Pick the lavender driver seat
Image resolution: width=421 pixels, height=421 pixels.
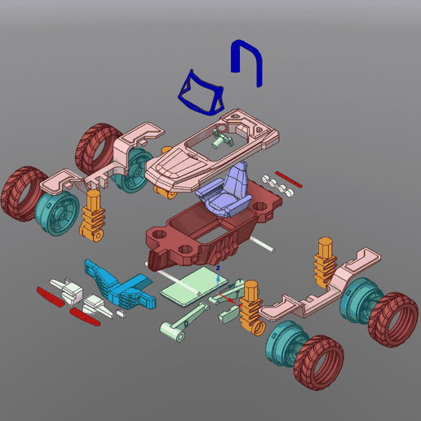tap(228, 192)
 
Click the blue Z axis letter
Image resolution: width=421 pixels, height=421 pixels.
tap(218, 268)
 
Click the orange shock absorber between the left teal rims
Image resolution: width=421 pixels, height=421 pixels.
tap(93, 214)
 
